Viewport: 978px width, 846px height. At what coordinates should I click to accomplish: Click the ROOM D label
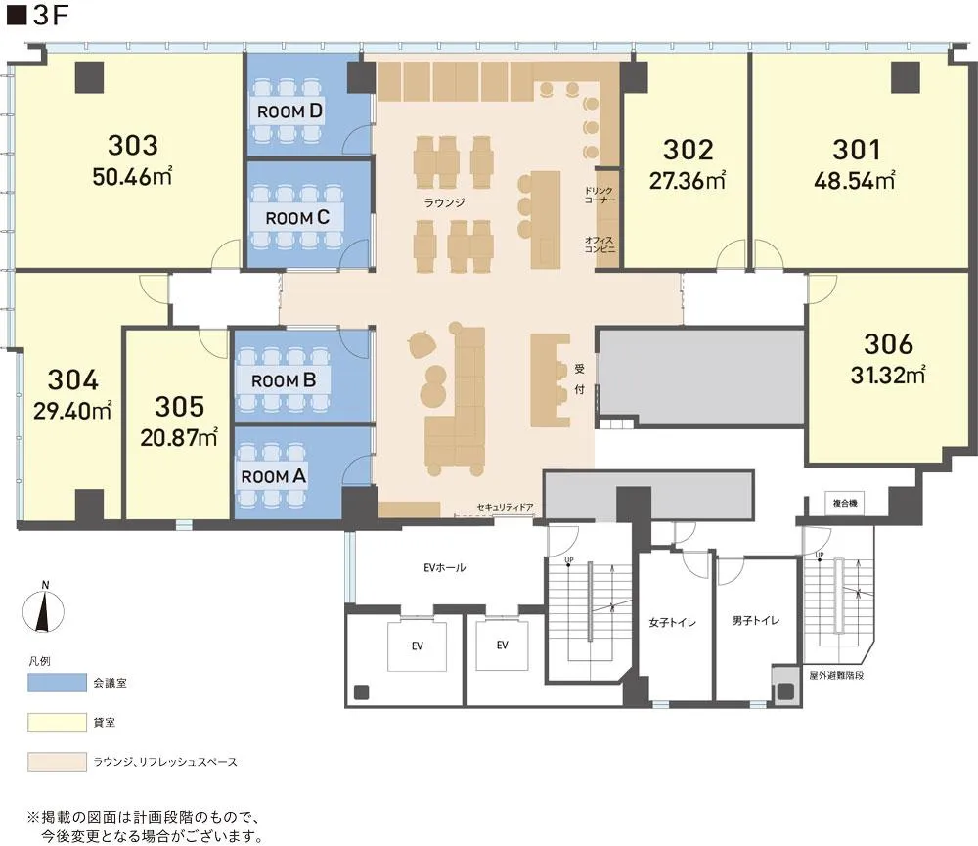click(289, 111)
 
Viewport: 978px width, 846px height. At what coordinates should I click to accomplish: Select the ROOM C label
click(297, 218)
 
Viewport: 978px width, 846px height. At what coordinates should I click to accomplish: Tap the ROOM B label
click(284, 380)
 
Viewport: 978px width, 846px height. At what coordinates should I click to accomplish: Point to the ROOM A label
click(274, 476)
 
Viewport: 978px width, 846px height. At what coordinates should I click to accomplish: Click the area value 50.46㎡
click(132, 177)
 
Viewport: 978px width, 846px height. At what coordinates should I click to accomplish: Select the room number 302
click(688, 150)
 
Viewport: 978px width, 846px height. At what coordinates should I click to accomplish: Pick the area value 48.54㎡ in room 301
click(855, 180)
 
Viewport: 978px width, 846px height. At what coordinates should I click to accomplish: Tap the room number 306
click(888, 343)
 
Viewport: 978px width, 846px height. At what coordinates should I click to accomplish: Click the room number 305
click(180, 407)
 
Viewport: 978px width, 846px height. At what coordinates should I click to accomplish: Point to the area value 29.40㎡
click(72, 411)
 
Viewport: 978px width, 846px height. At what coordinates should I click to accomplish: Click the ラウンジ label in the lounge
click(444, 202)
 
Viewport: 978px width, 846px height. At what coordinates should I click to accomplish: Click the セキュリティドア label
click(505, 508)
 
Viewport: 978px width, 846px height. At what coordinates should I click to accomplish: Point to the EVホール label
click(444, 567)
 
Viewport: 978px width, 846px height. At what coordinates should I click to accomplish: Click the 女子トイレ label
click(673, 623)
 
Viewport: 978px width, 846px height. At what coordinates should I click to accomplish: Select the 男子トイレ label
click(756, 621)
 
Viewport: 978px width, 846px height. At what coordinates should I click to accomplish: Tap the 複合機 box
click(845, 503)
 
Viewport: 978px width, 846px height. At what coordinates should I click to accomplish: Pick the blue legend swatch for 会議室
click(57, 683)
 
